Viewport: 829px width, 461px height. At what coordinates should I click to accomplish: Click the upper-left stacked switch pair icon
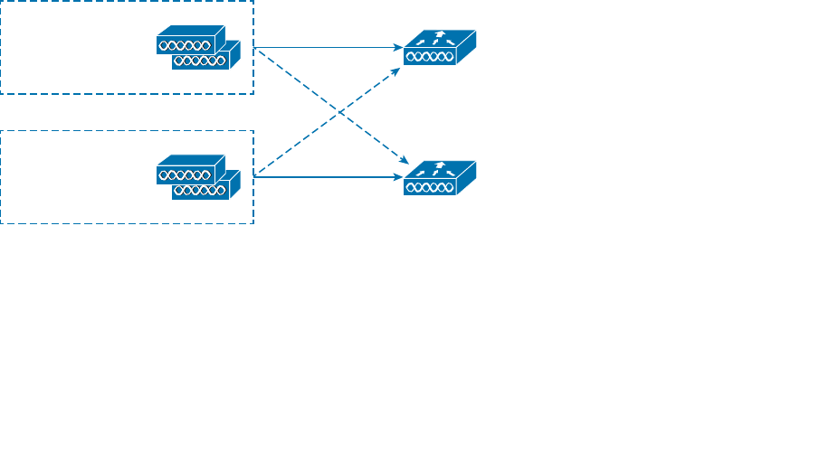point(198,47)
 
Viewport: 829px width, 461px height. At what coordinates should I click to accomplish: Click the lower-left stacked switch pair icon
point(198,177)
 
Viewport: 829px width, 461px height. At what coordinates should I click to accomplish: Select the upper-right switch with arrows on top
point(440,47)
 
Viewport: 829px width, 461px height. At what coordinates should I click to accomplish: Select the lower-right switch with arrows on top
point(440,177)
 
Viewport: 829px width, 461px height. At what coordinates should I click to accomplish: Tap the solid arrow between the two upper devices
point(326,47)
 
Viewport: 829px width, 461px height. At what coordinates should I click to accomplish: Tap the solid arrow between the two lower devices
point(326,177)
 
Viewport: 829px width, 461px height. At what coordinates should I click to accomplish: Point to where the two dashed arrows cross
point(329,112)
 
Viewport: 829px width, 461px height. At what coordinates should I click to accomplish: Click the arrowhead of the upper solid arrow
point(398,47)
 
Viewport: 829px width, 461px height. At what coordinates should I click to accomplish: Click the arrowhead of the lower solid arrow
point(398,177)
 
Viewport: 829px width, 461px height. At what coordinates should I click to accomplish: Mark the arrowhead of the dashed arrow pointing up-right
point(396,70)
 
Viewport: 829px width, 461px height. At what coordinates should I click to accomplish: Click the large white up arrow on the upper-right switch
point(441,36)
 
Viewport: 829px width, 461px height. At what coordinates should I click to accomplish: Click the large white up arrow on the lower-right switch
point(441,166)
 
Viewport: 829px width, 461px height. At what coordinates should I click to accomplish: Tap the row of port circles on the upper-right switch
point(429,57)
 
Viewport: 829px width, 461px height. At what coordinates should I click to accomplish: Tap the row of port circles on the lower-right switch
point(429,188)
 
